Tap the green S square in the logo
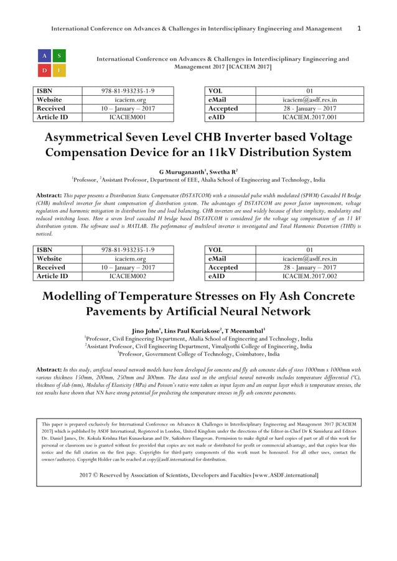pos(59,56)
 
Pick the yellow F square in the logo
pos(59,70)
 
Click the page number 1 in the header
pos(359,29)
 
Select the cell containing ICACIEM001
pos(128,117)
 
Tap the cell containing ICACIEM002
pos(128,276)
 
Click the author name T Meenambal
pos(245,330)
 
